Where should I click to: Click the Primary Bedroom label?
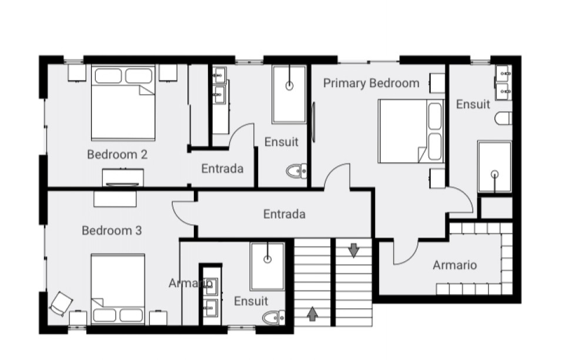pos(371,83)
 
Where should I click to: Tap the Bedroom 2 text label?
pos(117,154)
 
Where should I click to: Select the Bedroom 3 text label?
pos(112,231)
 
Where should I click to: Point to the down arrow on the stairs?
pos(353,250)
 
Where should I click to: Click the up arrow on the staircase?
pos(312,314)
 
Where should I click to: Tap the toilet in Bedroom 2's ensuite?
pos(296,171)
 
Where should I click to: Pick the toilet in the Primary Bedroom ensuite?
pos(503,119)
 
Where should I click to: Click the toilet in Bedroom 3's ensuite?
pos(273,318)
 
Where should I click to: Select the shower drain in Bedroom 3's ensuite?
pos(268,259)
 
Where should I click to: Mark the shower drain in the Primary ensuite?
pos(495,174)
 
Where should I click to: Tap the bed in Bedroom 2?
pos(123,103)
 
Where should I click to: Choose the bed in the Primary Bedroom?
pos(411,131)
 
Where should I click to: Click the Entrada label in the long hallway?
pos(284,214)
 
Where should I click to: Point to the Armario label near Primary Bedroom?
pos(455,265)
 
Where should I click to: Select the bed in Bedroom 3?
pos(118,289)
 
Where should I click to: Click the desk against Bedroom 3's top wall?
pos(115,199)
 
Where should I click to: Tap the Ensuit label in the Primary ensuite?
pos(473,105)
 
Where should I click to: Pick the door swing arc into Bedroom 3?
pos(180,214)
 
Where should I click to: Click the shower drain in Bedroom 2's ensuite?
pos(289,86)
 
